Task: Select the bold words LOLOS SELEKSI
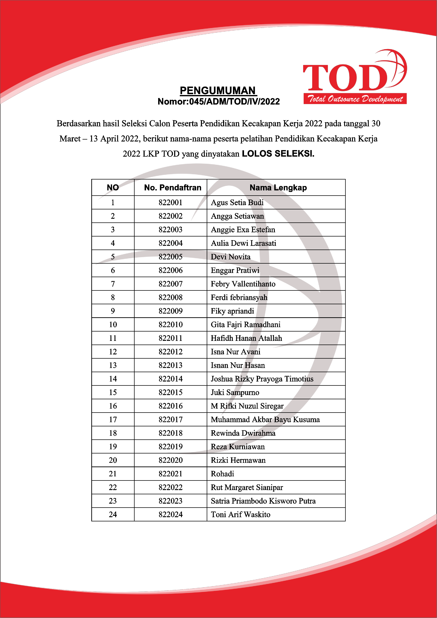278,154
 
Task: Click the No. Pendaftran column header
172,188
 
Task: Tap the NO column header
113,188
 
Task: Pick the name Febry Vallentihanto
243,284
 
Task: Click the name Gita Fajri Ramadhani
245,325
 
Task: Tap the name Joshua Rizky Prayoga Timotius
262,379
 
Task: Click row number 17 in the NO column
113,420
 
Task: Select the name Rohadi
222,474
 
